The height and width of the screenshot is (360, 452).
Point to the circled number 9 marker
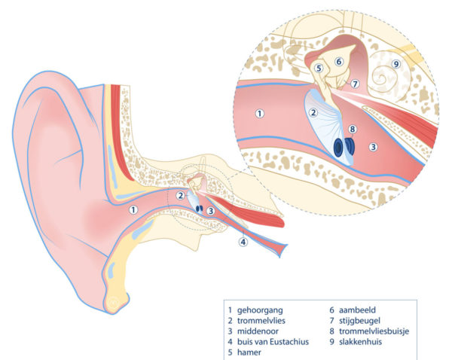[395, 64]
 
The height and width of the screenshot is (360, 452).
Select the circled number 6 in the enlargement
[339, 61]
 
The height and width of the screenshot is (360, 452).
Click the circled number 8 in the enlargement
[352, 129]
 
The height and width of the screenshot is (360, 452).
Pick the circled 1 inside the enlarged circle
[259, 114]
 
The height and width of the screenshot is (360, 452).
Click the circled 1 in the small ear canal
[133, 210]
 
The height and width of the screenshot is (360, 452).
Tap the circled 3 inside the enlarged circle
[372, 148]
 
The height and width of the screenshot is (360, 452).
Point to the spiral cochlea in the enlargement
[389, 72]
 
